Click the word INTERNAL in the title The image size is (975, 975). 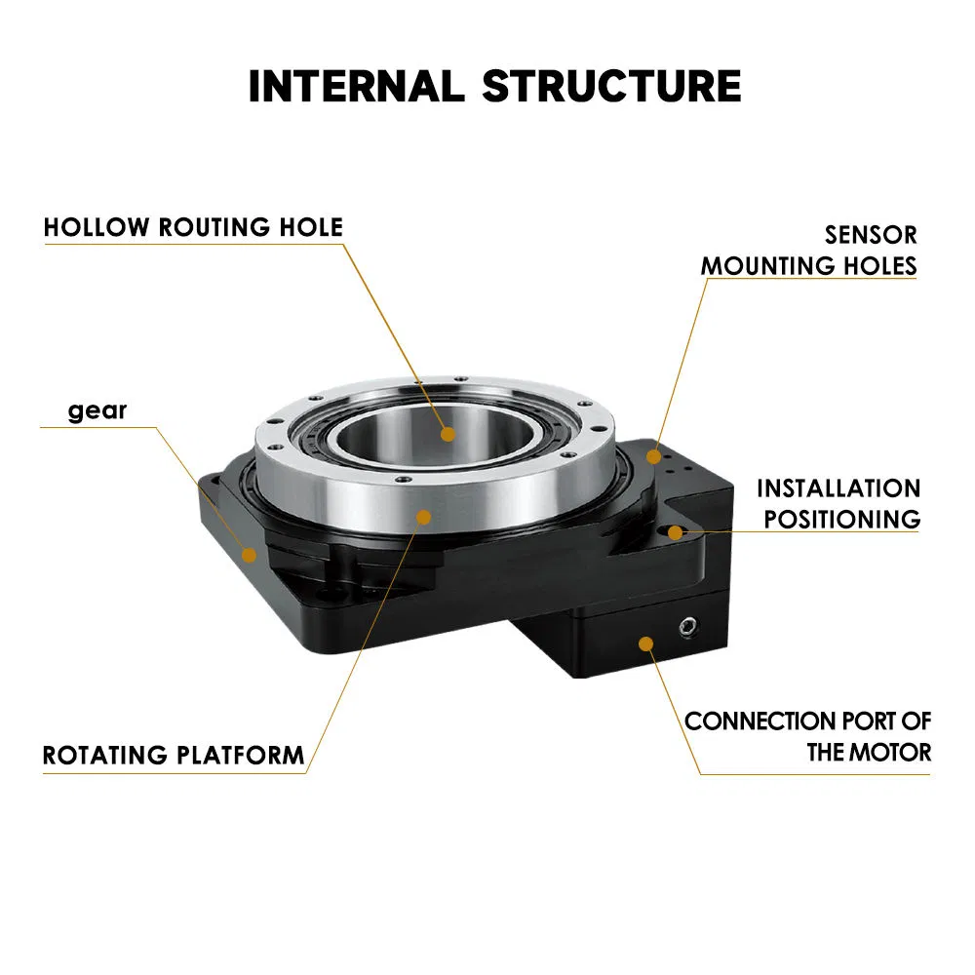(358, 86)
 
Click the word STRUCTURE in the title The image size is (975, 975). (611, 86)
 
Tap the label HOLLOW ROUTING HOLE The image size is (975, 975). (193, 228)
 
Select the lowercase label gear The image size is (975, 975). (97, 410)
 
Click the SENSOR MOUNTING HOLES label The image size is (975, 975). (809, 250)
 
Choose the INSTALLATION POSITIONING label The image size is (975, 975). (838, 503)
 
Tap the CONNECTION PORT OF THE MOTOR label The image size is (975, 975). (807, 736)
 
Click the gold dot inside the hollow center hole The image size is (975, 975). (448, 435)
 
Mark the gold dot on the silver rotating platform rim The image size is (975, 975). (422, 517)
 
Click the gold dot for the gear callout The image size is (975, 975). (250, 555)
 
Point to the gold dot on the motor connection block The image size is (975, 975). (644, 642)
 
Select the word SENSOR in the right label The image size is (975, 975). (871, 235)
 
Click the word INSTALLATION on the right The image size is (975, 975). (838, 488)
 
